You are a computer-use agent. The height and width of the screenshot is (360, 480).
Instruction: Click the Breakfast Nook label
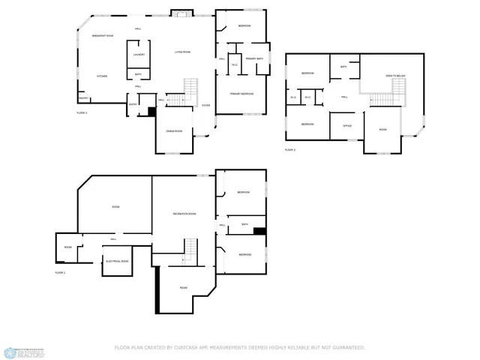tap(103, 36)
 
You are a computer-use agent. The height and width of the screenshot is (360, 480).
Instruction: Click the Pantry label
tap(83, 97)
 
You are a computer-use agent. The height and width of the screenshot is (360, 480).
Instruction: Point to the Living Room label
tap(182, 52)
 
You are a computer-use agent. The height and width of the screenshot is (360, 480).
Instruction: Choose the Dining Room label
tap(175, 131)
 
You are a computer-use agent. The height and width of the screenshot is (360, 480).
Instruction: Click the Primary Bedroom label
tap(241, 94)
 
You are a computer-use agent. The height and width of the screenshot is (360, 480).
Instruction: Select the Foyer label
tap(205, 106)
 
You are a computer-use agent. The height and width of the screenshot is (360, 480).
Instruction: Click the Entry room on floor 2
tap(133, 105)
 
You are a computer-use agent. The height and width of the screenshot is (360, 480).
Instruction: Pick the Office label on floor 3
tap(346, 125)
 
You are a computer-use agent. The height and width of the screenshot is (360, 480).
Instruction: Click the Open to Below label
tap(395, 76)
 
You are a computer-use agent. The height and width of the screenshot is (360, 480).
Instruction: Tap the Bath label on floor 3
tap(343, 67)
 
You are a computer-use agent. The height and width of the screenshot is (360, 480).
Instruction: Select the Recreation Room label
tap(184, 214)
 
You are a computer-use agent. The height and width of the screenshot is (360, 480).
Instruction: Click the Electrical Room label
tap(118, 261)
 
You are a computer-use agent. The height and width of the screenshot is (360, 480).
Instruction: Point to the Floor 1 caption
tap(61, 272)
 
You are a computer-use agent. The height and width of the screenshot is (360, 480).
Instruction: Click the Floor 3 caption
tap(290, 150)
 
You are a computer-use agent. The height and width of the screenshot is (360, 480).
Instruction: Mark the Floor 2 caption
tap(82, 112)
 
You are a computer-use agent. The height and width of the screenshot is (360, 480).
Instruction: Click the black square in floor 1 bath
tap(259, 231)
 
